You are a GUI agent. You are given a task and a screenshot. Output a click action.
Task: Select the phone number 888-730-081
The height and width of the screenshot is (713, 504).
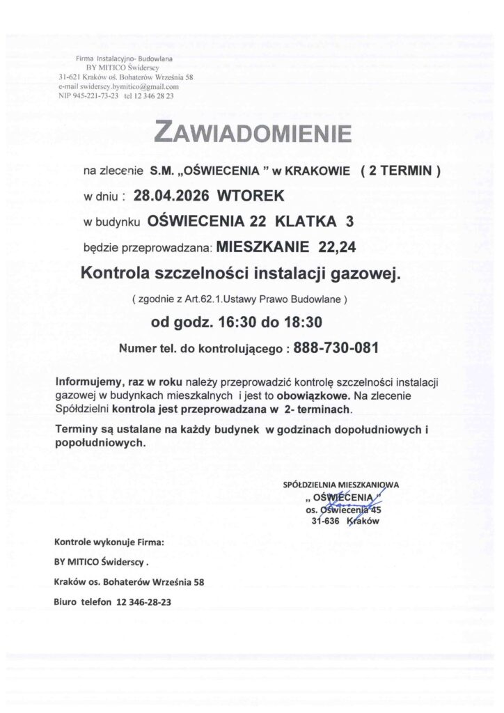(x=336, y=348)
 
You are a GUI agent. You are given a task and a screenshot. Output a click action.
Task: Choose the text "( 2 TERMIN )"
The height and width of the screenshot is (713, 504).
(x=400, y=169)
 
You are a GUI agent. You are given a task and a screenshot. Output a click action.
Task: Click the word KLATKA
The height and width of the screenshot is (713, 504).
(x=304, y=222)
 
